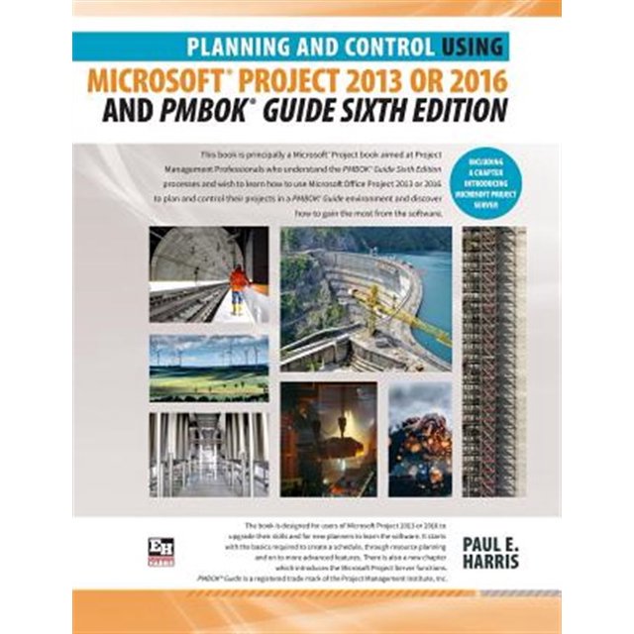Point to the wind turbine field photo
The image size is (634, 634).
click(x=208, y=367)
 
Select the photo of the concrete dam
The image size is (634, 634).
click(x=366, y=298)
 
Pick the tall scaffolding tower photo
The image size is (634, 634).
click(x=493, y=362)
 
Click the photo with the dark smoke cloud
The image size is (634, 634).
click(x=419, y=439)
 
